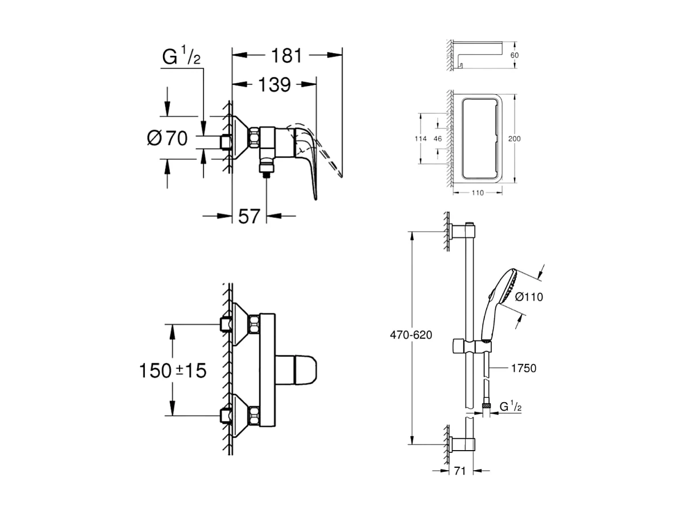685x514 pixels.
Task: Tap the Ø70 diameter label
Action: pos(167,138)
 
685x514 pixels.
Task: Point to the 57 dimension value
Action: pos(249,216)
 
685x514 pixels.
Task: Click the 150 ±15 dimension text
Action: pos(173,371)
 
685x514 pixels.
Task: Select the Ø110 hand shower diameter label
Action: pos(529,297)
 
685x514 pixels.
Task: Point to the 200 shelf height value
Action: pos(514,138)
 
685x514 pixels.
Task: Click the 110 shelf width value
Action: pos(477,193)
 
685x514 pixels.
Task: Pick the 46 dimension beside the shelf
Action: pos(438,139)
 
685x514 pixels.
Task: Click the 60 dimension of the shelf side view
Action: pos(514,55)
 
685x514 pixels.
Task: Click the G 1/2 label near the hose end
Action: pos(510,407)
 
